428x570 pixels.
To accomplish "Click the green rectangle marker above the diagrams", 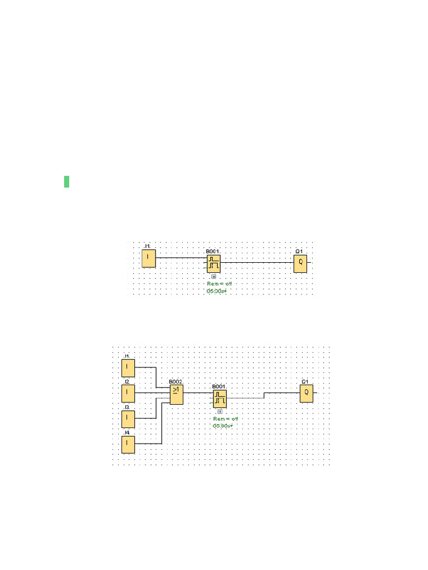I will pyautogui.click(x=66, y=181).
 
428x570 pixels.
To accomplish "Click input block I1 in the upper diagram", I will pyautogui.click(x=148, y=258).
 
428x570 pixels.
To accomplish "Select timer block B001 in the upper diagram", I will pyautogui.click(x=213, y=265).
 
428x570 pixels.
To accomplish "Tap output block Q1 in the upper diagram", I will pyautogui.click(x=300, y=263).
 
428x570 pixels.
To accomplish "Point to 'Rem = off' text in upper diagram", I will pyautogui.click(x=218, y=283).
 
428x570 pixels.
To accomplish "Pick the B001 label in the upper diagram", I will pyautogui.click(x=212, y=252).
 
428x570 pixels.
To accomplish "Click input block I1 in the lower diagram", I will pyautogui.click(x=128, y=367).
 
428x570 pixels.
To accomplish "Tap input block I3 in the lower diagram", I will pyautogui.click(x=128, y=418).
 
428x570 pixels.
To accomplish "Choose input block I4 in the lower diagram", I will pyautogui.click(x=128, y=444).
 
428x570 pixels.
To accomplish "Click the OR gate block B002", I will pyautogui.click(x=176, y=395).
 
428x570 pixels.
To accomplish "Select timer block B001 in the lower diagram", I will pyautogui.click(x=220, y=399).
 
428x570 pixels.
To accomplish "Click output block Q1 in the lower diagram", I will pyautogui.click(x=306, y=394).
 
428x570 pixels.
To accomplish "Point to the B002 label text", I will pyautogui.click(x=176, y=382).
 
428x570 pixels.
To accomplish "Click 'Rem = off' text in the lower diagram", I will pyautogui.click(x=225, y=419).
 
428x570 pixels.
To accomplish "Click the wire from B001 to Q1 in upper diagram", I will pyautogui.click(x=256, y=262).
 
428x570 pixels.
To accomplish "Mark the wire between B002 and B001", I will pyautogui.click(x=197, y=392).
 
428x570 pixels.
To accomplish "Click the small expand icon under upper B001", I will pyautogui.click(x=213, y=276).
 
